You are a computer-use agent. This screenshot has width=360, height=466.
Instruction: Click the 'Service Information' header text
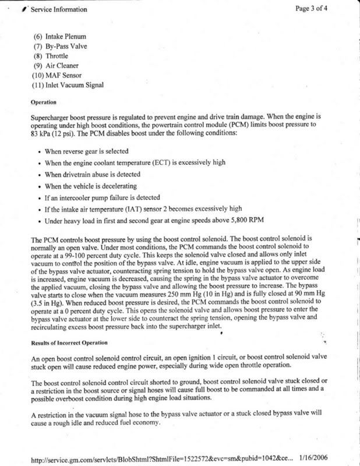tap(58, 9)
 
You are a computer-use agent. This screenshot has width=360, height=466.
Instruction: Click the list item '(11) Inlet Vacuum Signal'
tap(69, 86)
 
